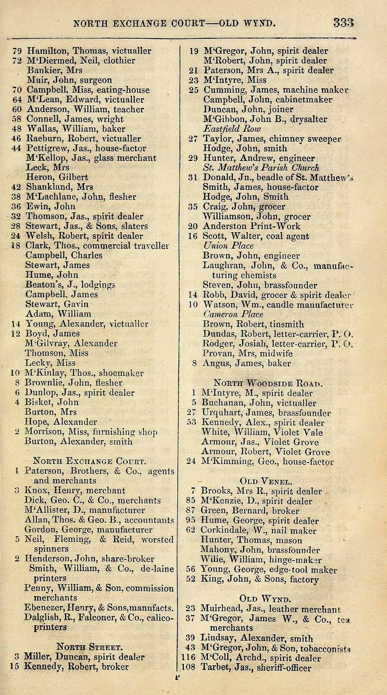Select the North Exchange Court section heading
(89, 461)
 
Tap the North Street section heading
(89, 647)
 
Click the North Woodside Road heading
(268, 383)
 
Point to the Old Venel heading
(265, 482)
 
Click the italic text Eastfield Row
(232, 129)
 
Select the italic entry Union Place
(228, 246)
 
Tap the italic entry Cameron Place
(233, 314)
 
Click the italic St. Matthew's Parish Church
(261, 168)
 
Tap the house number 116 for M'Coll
(189, 658)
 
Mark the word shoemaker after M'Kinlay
(121, 373)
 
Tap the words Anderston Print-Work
(252, 226)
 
